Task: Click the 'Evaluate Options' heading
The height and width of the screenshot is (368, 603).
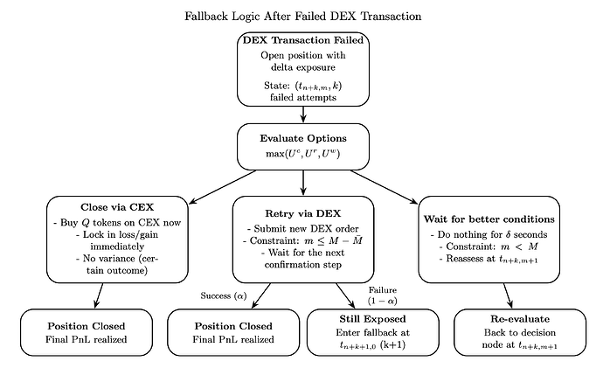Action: pyautogui.click(x=302, y=138)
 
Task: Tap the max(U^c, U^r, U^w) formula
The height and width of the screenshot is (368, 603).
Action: pyautogui.click(x=302, y=154)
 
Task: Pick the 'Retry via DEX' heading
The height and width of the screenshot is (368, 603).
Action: pyautogui.click(x=302, y=213)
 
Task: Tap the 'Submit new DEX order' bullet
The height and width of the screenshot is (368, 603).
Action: pyautogui.click(x=302, y=229)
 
